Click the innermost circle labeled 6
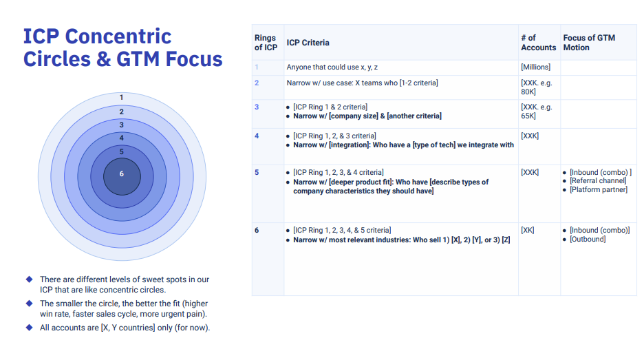click(x=122, y=177)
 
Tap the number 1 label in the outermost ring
click(x=121, y=97)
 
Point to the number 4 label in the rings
click(x=122, y=138)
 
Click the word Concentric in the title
click(x=118, y=36)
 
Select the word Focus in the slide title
click(x=194, y=59)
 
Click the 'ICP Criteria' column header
click(x=308, y=43)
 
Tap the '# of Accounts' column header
click(x=539, y=43)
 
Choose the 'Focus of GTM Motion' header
click(x=589, y=43)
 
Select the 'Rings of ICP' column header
click(x=266, y=43)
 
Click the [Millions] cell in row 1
click(x=535, y=67)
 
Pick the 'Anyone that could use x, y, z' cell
click(x=332, y=67)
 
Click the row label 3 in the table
click(x=257, y=107)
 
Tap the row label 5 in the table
click(x=257, y=172)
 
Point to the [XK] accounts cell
click(x=527, y=230)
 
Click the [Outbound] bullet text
click(x=588, y=239)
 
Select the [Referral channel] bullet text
click(x=598, y=181)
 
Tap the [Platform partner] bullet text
click(x=599, y=190)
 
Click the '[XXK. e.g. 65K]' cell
click(x=537, y=112)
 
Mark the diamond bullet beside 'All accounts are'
click(x=29, y=328)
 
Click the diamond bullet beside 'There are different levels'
click(x=29, y=279)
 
